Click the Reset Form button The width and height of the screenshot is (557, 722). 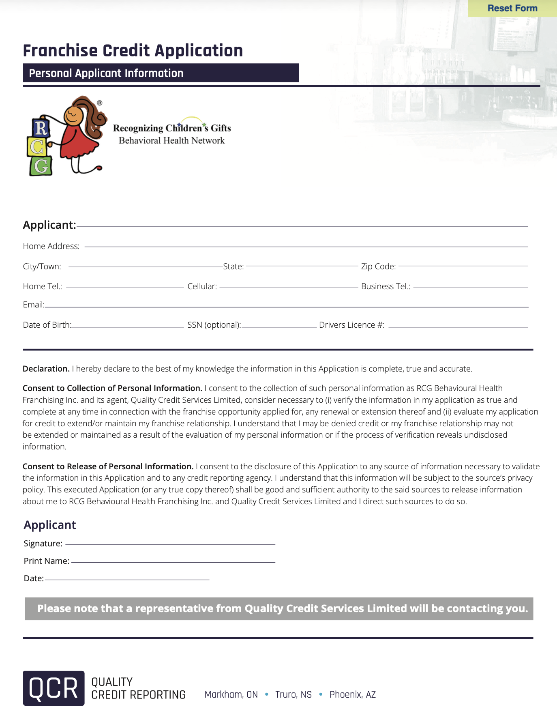click(512, 8)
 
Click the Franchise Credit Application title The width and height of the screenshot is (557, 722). click(133, 51)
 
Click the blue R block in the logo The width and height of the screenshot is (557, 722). click(41, 129)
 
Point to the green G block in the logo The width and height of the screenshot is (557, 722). click(41, 166)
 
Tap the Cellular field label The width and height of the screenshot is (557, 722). click(202, 286)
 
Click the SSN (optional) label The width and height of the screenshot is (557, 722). click(214, 325)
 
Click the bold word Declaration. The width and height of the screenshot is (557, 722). click(46, 369)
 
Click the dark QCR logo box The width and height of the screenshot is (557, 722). click(54, 688)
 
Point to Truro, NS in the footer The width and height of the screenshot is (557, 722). click(293, 694)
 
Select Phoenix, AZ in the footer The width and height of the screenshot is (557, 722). click(353, 694)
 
